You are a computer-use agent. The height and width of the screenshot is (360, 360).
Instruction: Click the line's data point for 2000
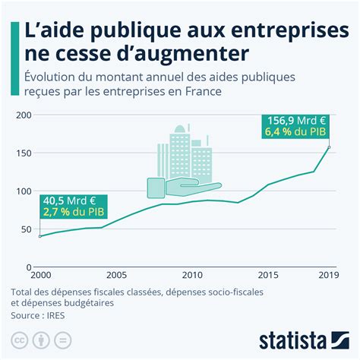pos(40,236)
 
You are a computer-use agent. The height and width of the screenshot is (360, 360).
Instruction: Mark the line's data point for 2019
pos(328,147)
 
